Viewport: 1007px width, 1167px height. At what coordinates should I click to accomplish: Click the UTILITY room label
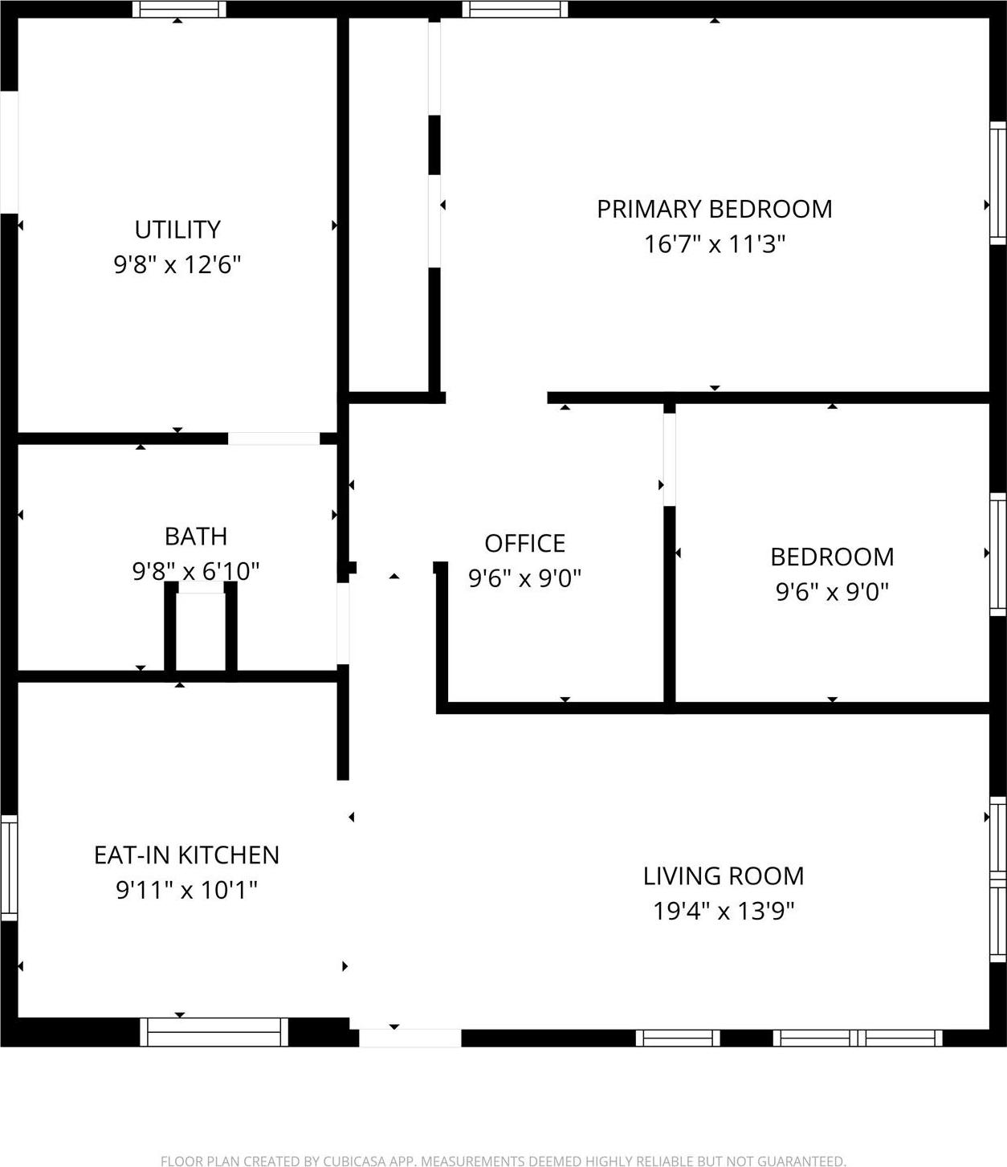pyautogui.click(x=177, y=230)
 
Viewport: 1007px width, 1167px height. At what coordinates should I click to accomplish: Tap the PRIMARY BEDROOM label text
pyautogui.click(x=714, y=209)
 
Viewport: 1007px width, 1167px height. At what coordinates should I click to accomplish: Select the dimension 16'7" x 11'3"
pyautogui.click(x=714, y=244)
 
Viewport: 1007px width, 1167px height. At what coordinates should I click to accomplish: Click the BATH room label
pyautogui.click(x=196, y=537)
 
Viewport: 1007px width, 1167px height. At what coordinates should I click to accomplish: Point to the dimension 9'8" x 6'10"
pyautogui.click(x=196, y=571)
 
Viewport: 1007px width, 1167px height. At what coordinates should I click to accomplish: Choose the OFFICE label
pyautogui.click(x=525, y=544)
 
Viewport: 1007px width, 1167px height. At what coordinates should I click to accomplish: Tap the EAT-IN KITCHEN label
pyautogui.click(x=186, y=855)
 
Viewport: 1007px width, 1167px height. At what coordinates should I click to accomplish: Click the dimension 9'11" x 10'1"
pyautogui.click(x=186, y=890)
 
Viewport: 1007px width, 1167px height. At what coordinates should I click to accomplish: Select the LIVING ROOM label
pyautogui.click(x=724, y=876)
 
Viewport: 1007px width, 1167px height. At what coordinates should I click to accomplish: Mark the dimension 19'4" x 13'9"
pyautogui.click(x=724, y=912)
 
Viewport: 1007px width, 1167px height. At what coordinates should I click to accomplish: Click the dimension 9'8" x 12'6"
pyautogui.click(x=177, y=264)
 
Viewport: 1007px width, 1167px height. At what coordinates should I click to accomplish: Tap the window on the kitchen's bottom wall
pyautogui.click(x=214, y=1032)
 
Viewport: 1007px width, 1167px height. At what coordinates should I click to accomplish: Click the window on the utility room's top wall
pyautogui.click(x=179, y=10)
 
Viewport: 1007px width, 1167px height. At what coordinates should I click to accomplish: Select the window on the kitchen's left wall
pyautogui.click(x=9, y=867)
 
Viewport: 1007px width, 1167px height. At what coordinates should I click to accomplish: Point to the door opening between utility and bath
pyautogui.click(x=274, y=439)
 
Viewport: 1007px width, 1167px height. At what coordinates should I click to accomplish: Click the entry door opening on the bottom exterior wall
pyautogui.click(x=410, y=1038)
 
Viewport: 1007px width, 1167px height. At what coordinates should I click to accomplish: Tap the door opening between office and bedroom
pyautogui.click(x=669, y=459)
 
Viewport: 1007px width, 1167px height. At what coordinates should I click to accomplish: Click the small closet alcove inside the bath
pyautogui.click(x=201, y=630)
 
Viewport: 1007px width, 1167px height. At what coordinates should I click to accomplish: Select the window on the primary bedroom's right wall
pyautogui.click(x=997, y=182)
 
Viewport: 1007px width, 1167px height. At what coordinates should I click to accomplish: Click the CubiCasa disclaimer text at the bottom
pyautogui.click(x=503, y=1161)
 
